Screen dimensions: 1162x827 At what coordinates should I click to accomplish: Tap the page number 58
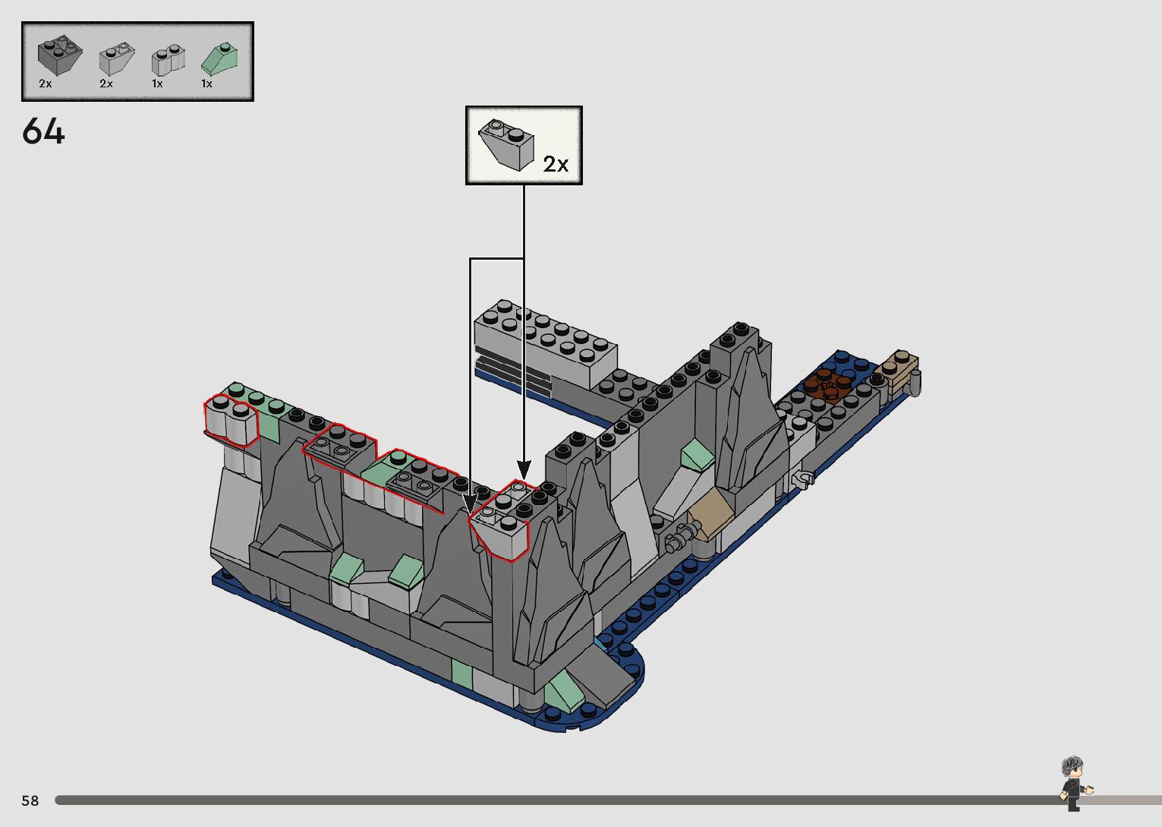click(x=30, y=800)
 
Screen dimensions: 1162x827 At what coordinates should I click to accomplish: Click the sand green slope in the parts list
click(x=219, y=58)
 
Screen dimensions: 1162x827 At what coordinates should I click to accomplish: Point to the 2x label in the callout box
click(x=556, y=164)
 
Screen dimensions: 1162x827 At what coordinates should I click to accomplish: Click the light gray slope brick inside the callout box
click(x=506, y=145)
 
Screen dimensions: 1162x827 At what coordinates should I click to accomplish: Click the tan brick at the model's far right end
click(x=898, y=371)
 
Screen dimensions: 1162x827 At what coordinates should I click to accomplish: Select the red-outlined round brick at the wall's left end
click(x=231, y=420)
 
